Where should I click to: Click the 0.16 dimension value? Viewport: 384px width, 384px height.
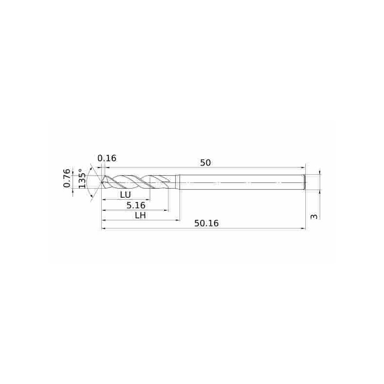(107, 158)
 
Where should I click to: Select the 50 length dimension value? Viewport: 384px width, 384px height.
(205, 163)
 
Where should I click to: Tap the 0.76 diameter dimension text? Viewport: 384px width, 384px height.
(67, 178)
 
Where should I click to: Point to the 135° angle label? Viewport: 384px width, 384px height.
(82, 179)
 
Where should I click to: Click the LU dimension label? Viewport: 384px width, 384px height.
(125, 195)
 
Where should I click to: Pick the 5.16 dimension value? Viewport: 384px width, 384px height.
(136, 205)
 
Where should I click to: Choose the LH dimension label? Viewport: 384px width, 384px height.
(141, 216)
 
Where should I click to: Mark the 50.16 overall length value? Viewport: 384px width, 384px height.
(206, 223)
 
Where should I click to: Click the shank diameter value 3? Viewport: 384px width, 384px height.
(314, 216)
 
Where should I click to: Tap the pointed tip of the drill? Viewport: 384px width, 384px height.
(101, 182)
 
